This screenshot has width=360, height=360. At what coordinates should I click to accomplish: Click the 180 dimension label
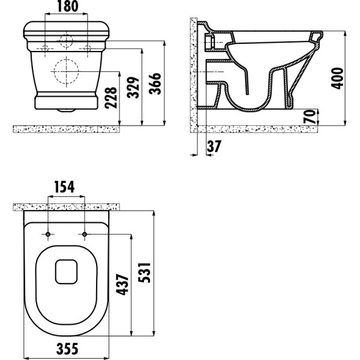(67, 7)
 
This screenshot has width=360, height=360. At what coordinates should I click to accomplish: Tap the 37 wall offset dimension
(215, 145)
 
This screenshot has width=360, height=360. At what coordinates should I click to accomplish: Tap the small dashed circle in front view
(67, 41)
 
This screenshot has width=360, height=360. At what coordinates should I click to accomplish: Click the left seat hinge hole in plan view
(48, 233)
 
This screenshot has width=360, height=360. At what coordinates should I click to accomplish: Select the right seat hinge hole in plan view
(85, 233)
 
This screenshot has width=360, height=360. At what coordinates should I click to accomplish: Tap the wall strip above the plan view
(67, 206)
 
